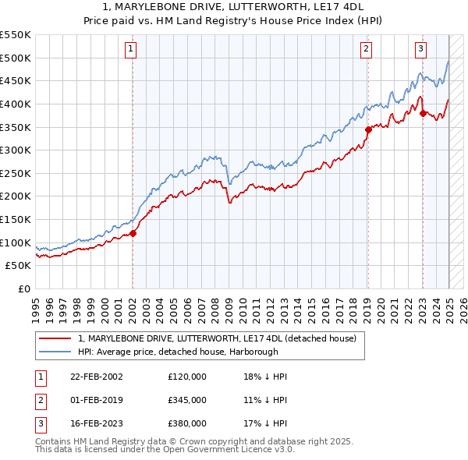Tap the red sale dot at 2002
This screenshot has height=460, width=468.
(133, 232)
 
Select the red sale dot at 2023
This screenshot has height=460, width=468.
(423, 113)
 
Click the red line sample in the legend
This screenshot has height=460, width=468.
(55, 338)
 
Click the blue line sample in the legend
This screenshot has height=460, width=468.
(55, 352)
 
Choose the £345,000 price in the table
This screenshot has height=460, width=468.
(186, 400)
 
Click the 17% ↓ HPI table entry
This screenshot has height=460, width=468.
(265, 423)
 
